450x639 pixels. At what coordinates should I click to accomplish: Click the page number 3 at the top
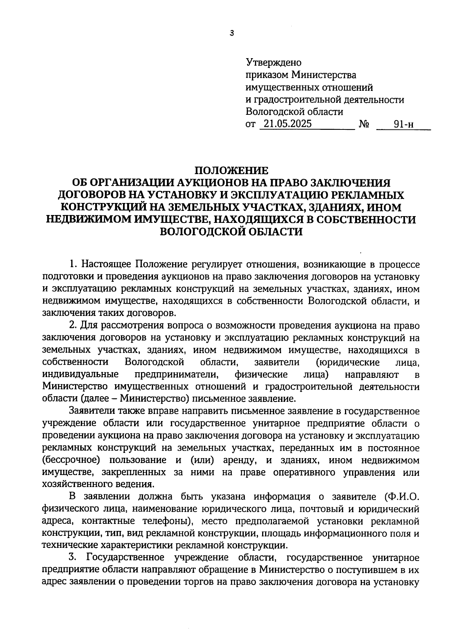231,33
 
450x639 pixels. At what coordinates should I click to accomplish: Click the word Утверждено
273,62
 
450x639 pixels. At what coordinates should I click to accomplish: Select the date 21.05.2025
287,124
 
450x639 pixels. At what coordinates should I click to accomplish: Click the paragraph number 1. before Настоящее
74,265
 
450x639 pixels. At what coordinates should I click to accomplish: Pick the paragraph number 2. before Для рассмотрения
73,326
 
